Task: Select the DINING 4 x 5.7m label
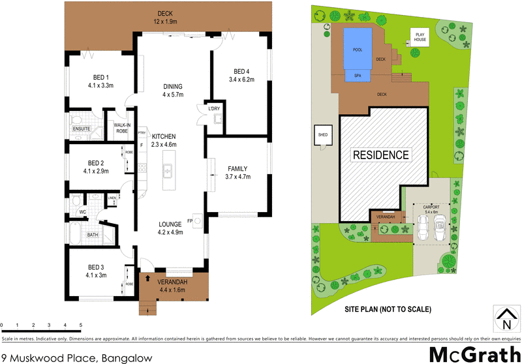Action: tap(173, 91)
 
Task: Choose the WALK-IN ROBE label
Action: tap(122, 128)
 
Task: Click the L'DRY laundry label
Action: tap(215, 109)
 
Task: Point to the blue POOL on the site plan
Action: tap(357, 50)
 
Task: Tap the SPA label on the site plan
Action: tap(358, 76)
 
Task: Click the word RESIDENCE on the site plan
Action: tap(381, 155)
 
